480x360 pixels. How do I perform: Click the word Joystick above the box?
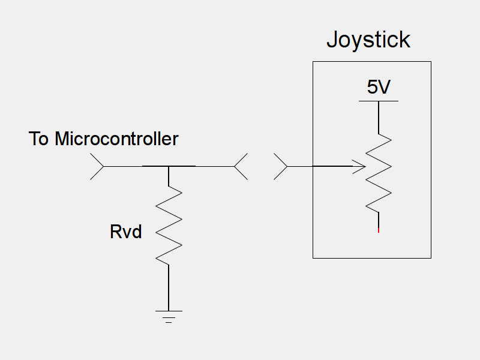point(368,40)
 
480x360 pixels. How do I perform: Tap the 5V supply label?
point(379,88)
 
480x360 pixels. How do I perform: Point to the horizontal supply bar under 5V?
point(379,101)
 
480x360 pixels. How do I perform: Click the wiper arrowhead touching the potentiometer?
point(361,166)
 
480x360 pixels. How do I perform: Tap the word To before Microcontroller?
point(39,139)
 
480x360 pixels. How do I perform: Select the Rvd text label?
point(126,232)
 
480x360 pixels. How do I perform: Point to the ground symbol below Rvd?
point(169,316)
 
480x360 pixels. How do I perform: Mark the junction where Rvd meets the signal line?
point(169,166)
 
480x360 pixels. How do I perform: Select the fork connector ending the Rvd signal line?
point(240,166)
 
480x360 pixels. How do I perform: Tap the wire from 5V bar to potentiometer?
point(379,117)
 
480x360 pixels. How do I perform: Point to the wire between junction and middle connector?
point(204,166)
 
